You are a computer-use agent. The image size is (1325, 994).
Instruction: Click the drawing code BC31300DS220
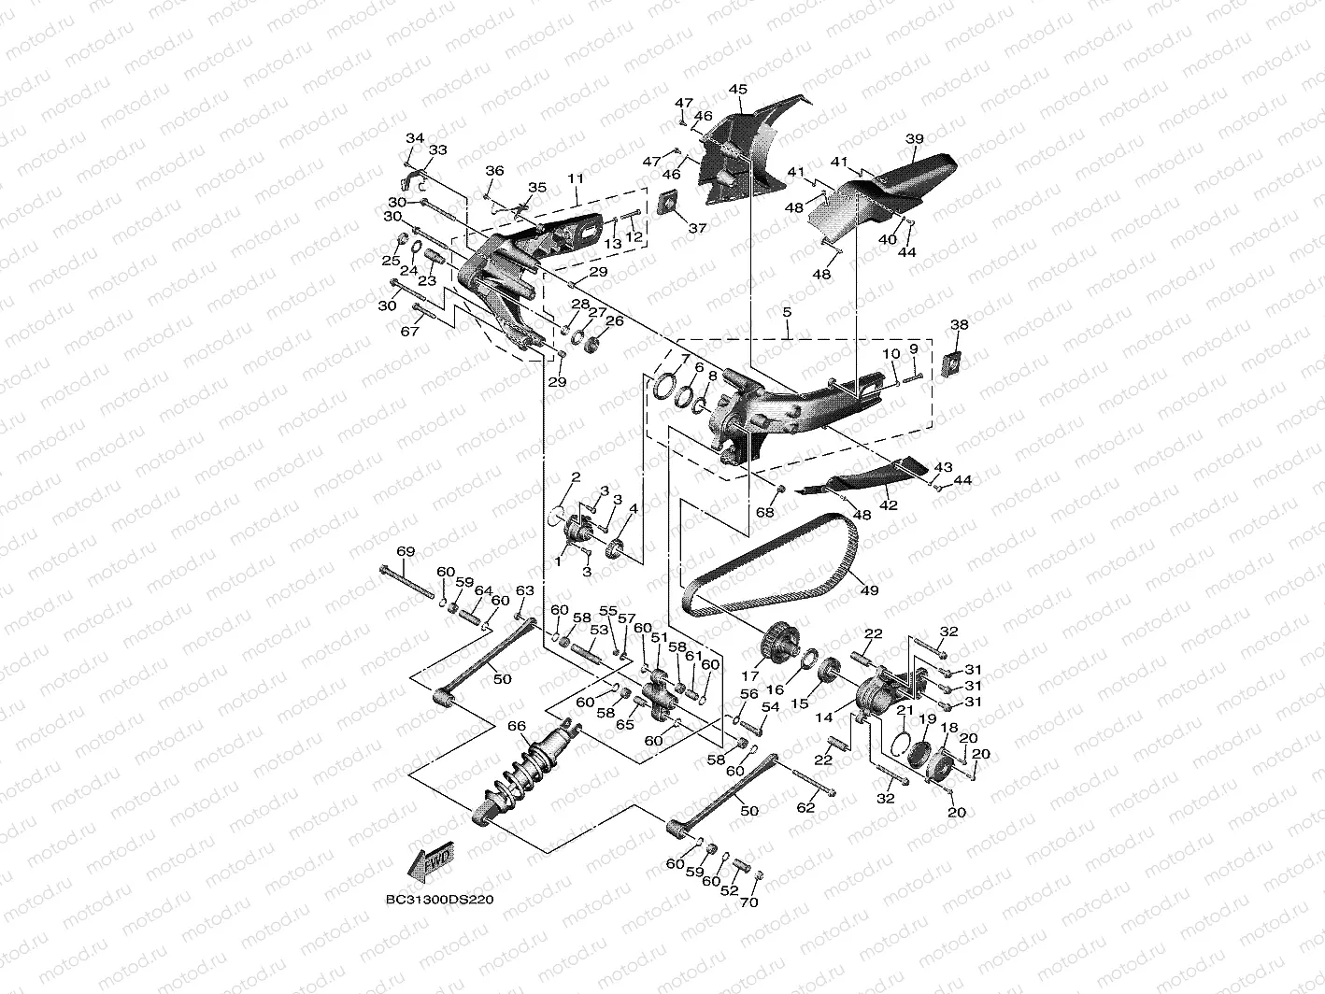coord(439,901)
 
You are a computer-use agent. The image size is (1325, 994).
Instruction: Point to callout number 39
coord(915,139)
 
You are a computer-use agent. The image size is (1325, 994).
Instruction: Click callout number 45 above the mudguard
coord(738,90)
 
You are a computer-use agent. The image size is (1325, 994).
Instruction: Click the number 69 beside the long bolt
coord(406,552)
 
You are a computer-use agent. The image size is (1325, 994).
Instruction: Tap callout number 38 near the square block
coord(960,325)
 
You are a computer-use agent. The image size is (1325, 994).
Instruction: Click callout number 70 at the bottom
coord(749,902)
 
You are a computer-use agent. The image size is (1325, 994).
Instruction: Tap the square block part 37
coord(670,203)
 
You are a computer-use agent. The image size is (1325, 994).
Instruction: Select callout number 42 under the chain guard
coord(888,505)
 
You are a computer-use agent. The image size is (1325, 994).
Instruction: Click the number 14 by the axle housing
coord(824,720)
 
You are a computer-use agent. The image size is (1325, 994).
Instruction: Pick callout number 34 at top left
coord(414,138)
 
